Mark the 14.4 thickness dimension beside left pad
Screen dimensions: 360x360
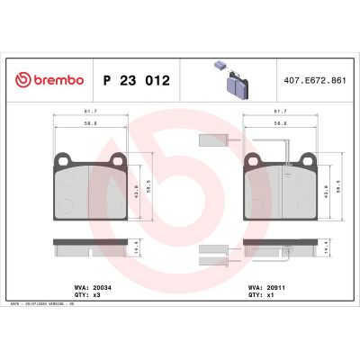[137, 244]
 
